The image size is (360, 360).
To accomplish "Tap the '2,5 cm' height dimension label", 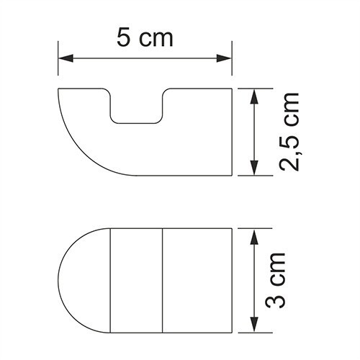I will [288, 133].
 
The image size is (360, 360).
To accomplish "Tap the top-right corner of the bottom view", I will [233, 230].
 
